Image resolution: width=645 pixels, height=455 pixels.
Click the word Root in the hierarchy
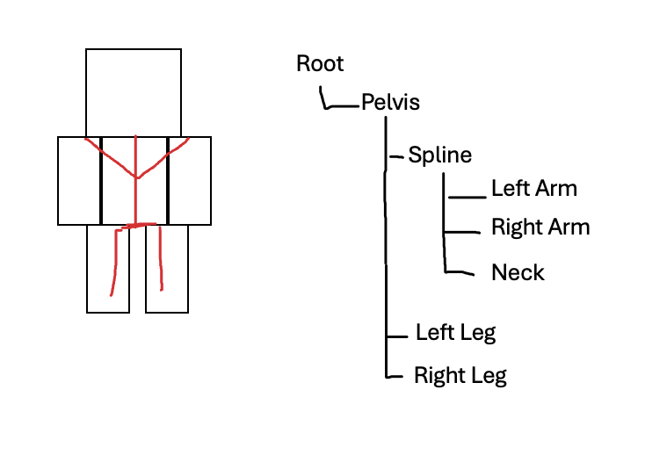[x=320, y=63]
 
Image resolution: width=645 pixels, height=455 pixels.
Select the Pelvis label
[x=390, y=103]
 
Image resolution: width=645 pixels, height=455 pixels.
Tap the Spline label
[x=439, y=155]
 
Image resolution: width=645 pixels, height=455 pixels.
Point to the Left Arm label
[x=533, y=188]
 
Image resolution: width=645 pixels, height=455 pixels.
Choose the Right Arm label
[x=540, y=227]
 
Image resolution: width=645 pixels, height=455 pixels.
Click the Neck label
[x=518, y=272]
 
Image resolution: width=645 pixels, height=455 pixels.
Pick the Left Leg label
[x=455, y=333]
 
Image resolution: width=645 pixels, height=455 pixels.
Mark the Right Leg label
[x=460, y=376]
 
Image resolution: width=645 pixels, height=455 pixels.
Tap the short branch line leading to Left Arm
[x=467, y=198]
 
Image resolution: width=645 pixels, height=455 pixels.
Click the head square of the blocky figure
[x=134, y=92]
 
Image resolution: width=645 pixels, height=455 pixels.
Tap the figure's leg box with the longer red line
[x=108, y=268]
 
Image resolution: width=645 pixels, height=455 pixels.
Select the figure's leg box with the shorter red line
[x=167, y=268]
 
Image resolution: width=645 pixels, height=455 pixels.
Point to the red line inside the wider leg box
[x=161, y=259]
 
